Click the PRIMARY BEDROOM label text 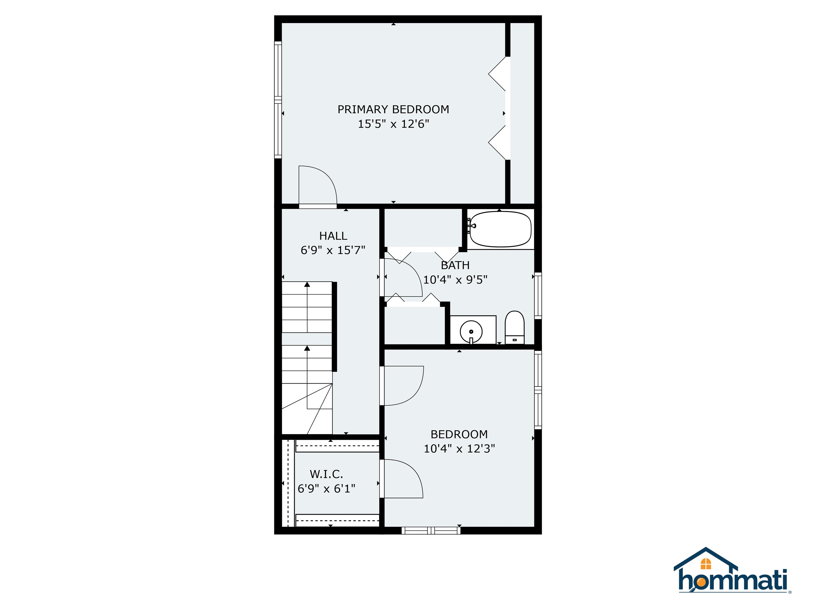393,109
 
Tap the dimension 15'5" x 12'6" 393,124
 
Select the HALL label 333,236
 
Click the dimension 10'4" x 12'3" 459,449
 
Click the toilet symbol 514,328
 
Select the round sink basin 471,331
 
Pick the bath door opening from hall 402,277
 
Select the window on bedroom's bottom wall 431,530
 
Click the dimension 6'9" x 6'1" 326,488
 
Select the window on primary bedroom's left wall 278,100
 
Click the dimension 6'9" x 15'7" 333,250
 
